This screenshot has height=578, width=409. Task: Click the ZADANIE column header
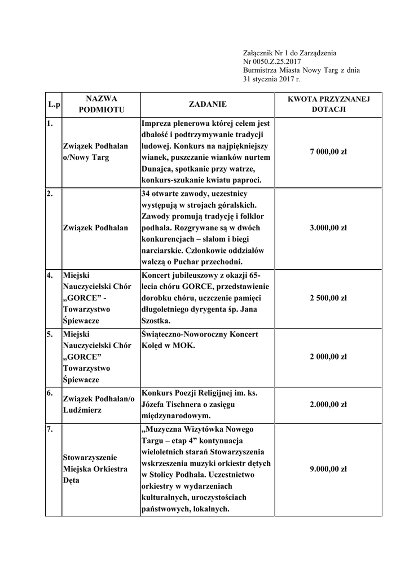point(208,104)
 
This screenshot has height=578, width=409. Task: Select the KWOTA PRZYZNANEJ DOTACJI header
point(328,104)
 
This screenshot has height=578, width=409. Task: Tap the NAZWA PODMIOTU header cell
point(102,104)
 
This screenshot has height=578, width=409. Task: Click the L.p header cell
point(54,105)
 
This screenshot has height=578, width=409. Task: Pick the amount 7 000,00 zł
point(328,152)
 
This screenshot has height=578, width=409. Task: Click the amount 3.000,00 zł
point(328,228)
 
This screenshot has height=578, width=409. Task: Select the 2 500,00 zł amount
point(328,298)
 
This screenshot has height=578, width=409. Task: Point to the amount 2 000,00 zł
point(328,357)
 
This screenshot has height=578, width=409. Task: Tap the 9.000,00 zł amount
point(328,469)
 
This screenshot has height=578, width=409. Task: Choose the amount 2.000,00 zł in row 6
point(328,405)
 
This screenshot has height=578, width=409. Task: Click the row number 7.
point(50,430)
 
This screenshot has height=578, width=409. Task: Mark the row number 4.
point(50,276)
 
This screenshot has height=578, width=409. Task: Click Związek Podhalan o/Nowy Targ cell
point(95,152)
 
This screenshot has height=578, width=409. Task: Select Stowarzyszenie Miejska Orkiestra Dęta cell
point(95,469)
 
